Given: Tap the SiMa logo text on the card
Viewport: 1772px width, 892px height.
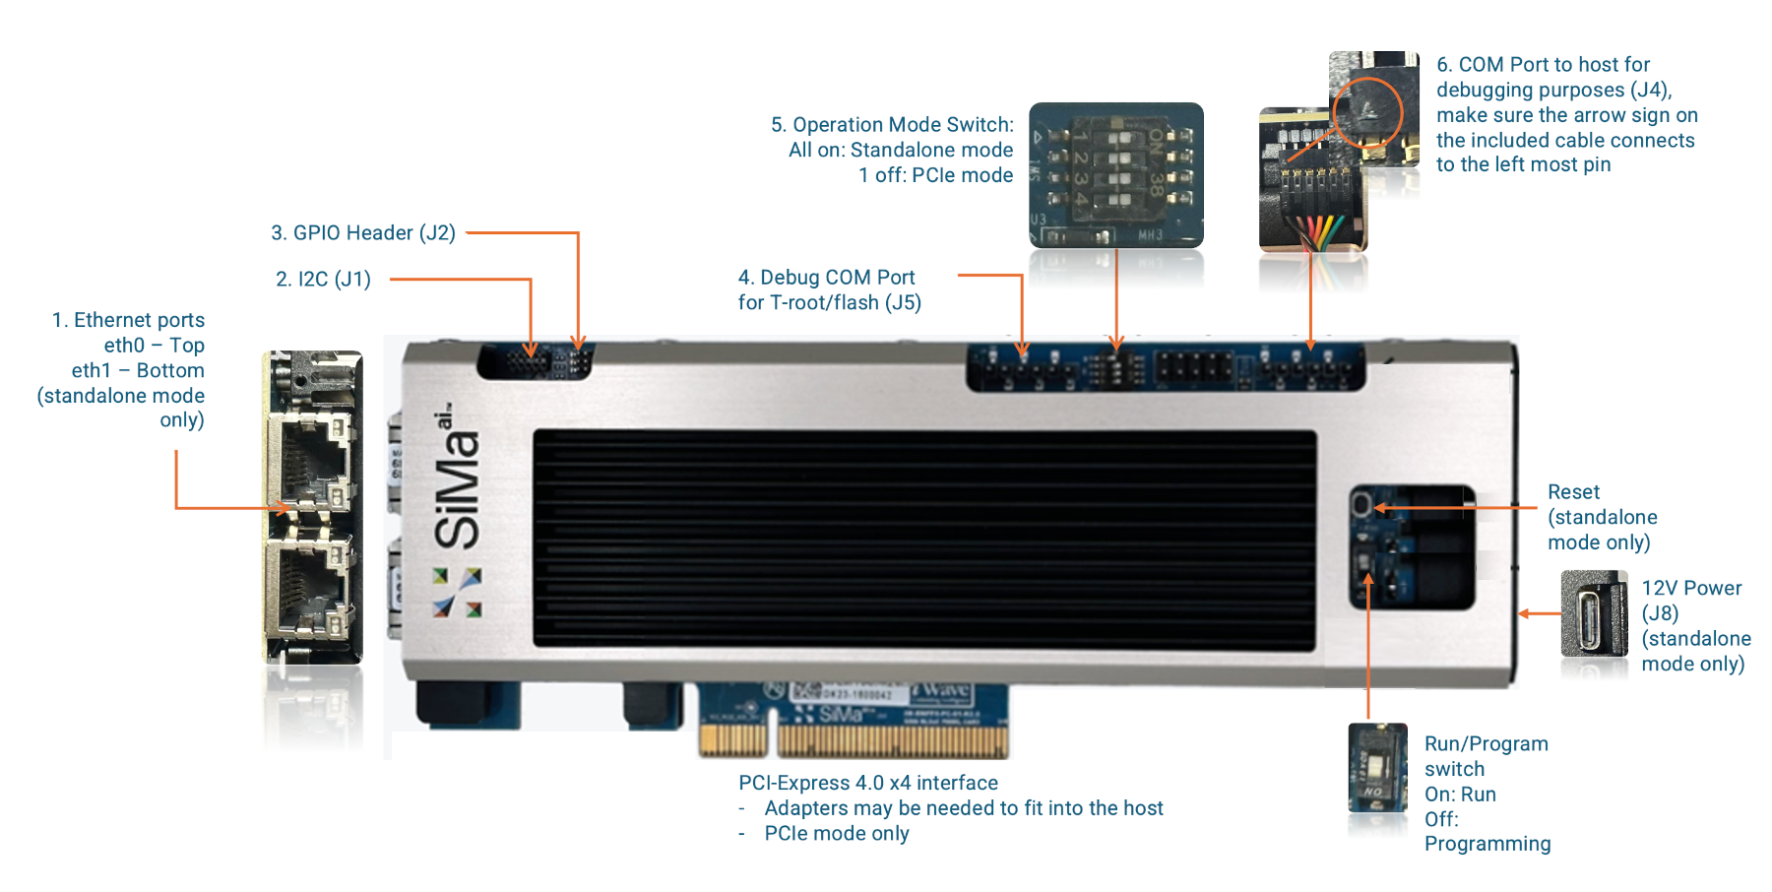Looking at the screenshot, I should click(x=457, y=482).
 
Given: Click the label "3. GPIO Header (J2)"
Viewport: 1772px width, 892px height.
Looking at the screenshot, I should click(x=363, y=233).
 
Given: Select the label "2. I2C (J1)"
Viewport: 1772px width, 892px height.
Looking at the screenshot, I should click(x=323, y=280).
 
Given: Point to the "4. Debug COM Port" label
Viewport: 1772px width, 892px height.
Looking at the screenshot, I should click(x=827, y=278).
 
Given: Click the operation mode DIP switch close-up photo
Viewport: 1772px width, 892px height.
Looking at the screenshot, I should click(x=1115, y=175).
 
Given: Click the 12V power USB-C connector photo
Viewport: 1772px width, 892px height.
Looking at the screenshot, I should click(x=1594, y=614).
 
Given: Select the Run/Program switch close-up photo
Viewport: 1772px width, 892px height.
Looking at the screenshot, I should click(x=1377, y=769).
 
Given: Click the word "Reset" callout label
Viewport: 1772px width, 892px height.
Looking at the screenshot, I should click(x=1573, y=492).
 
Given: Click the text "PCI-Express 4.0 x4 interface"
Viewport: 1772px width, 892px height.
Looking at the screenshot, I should click(x=867, y=783).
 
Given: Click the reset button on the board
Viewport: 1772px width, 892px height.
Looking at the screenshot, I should click(x=1361, y=506).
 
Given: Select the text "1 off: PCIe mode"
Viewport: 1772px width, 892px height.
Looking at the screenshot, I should click(x=935, y=175).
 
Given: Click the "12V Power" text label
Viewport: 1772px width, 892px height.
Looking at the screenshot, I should click(x=1691, y=589).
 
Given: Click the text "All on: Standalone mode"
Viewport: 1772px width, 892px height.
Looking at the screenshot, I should click(x=900, y=150).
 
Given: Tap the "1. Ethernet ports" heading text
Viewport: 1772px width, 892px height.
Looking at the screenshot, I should click(x=128, y=320).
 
